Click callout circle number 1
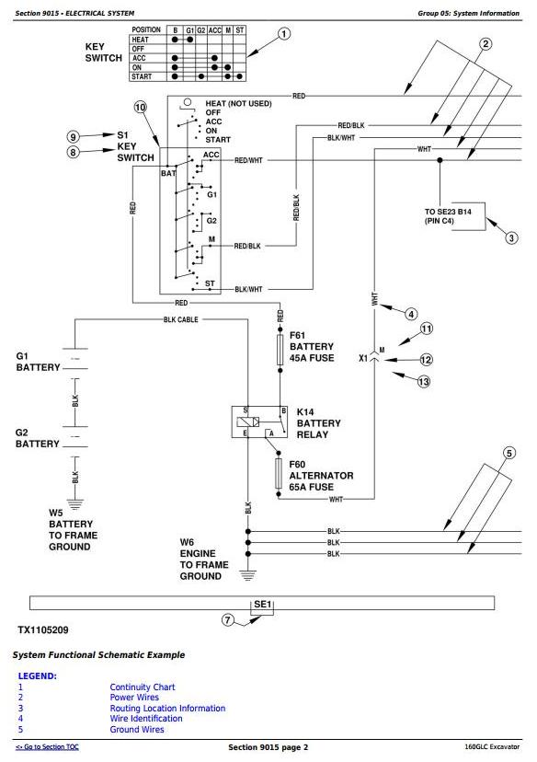[283, 34]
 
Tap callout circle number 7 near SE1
[228, 620]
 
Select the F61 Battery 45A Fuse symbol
[280, 350]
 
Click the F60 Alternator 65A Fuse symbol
[279, 474]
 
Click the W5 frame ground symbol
[74, 503]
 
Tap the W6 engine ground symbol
[247, 575]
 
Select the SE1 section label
[262, 604]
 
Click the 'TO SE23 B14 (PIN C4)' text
[448, 216]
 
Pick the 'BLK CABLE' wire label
[180, 319]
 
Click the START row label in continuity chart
[142, 76]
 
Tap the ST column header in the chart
[240, 30]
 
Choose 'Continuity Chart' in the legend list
[143, 687]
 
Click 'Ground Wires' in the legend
[137, 729]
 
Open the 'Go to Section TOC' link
[47, 747]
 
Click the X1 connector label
[363, 358]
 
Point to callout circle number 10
[140, 107]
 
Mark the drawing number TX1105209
[43, 629]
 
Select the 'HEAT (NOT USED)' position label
[238, 103]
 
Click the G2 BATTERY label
[38, 438]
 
